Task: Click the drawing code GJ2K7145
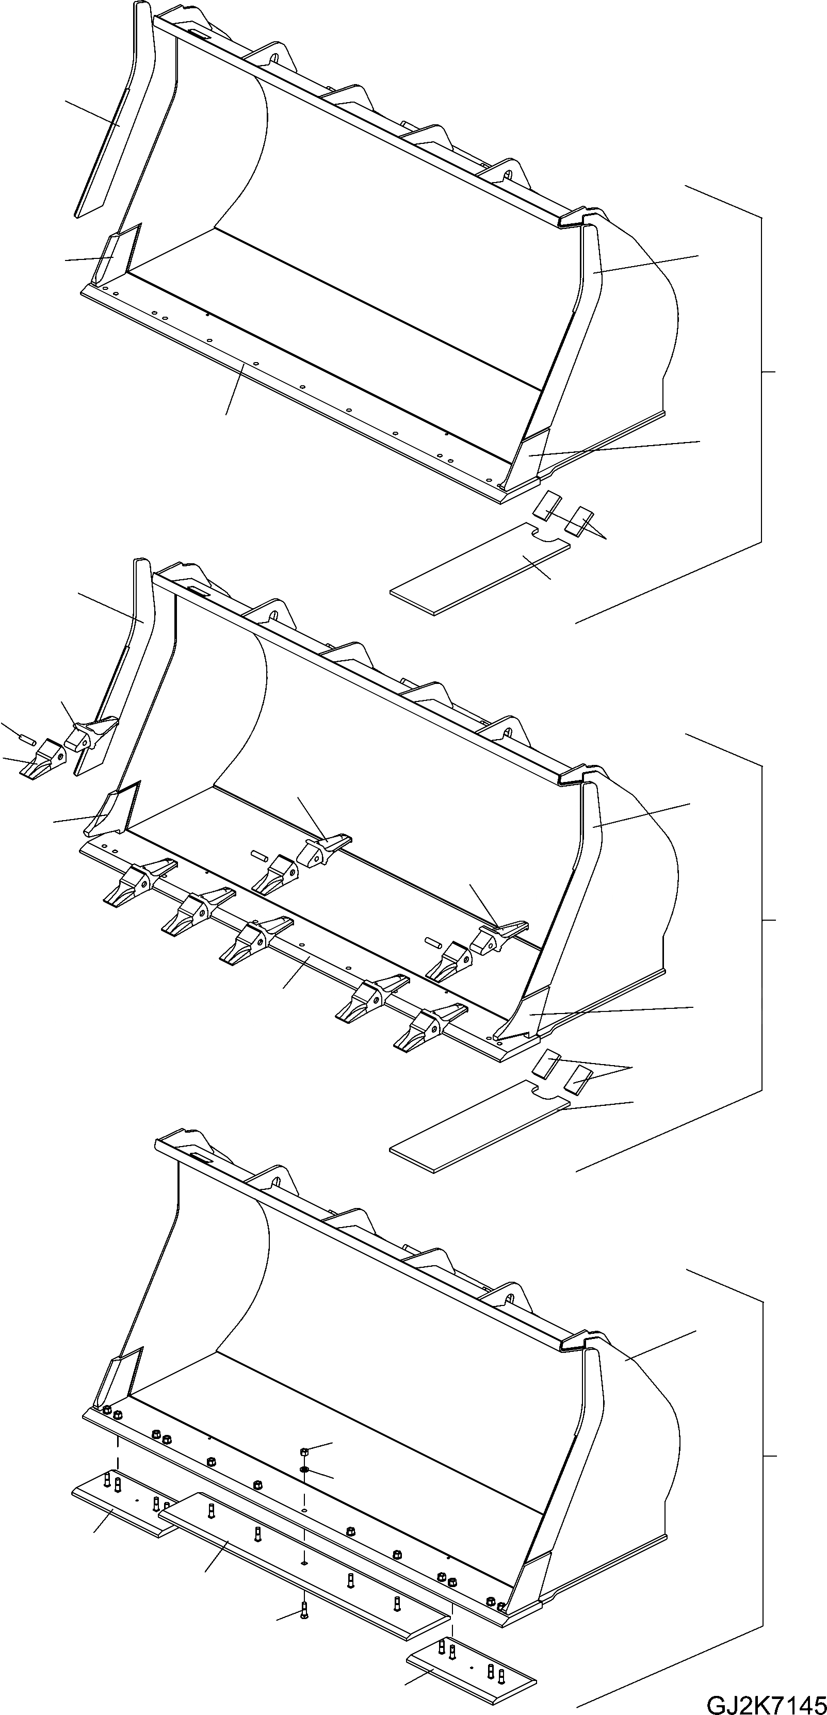(x=766, y=1701)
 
